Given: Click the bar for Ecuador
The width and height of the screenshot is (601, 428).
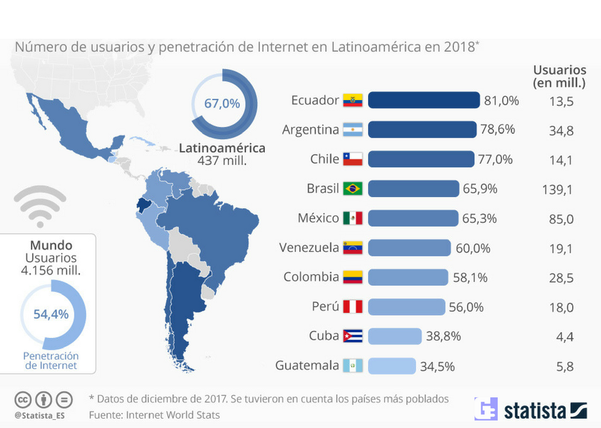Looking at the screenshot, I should pos(424,100).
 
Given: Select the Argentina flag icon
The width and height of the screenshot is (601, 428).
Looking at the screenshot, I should pos(352,130).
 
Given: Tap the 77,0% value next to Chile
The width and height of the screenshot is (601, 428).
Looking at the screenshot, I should pos(495,159).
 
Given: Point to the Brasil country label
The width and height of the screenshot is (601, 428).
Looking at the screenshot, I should pos(322,188).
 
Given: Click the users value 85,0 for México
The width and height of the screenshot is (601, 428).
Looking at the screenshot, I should pos(561,219).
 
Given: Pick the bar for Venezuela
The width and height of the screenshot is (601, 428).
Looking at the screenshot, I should pos(409,248).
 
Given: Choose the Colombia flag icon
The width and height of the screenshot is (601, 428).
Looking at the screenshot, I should pos(352,277).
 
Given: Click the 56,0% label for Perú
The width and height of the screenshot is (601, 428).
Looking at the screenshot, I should pos(466,307).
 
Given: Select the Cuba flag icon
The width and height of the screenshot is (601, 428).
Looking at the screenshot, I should pos(352,336).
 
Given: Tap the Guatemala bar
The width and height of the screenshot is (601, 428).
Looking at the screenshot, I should pos(391,365).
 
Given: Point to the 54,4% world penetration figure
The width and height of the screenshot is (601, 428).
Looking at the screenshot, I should pos(51,314).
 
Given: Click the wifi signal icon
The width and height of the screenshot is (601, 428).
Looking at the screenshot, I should pos(39,207).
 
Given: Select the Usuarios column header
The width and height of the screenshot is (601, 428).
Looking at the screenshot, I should pos(559,76).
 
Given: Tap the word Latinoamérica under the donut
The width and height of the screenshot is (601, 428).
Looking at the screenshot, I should pos(222,148).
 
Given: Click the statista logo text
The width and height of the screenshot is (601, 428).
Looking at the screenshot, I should pos(535,410).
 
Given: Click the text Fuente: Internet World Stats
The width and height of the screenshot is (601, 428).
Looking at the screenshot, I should pos(154,414).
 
